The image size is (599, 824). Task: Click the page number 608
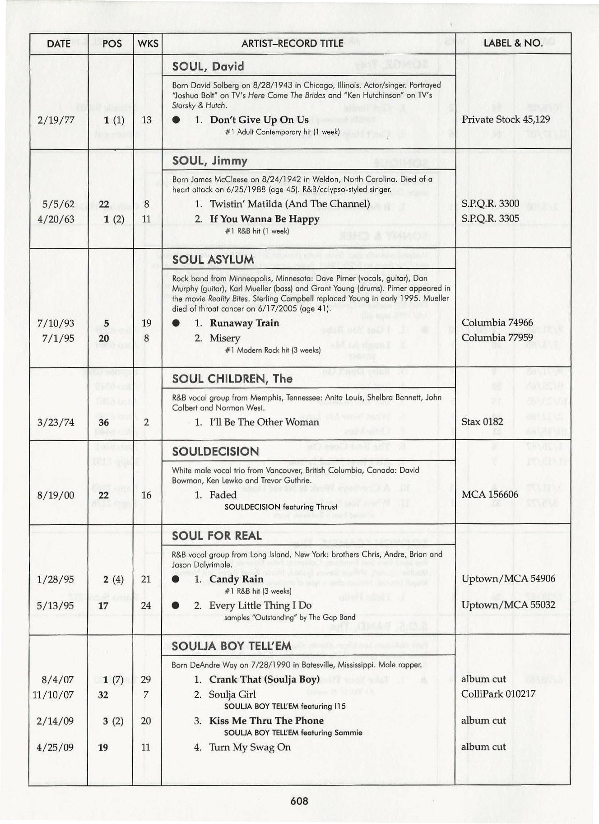coord(299,801)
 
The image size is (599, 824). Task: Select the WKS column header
coord(148,43)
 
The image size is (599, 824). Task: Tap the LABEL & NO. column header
coord(513,43)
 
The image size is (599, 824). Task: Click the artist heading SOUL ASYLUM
coord(213,260)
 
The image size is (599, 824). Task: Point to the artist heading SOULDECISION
coord(215,452)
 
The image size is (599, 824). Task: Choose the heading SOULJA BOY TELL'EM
coord(231,646)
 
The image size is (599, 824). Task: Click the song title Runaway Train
coord(244,323)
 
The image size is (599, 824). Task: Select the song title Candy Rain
coord(236,579)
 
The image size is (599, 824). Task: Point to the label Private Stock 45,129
coord(506,120)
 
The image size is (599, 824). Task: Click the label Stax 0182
coord(482,422)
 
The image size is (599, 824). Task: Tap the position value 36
coord(104,423)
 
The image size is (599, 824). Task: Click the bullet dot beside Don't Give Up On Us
coord(177,120)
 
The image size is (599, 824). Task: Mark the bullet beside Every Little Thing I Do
coord(176,605)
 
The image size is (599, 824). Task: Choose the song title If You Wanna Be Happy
coord(265,219)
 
